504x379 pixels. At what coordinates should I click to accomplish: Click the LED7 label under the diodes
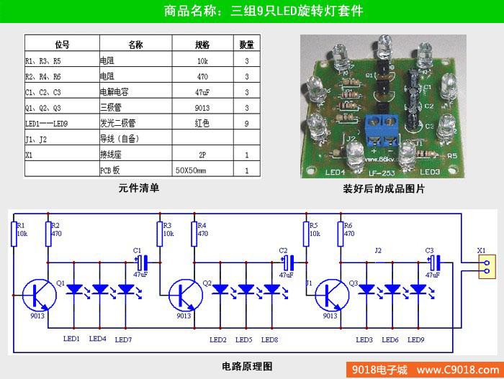pyautogui.click(x=123, y=339)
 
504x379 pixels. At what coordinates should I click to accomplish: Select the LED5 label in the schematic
pyautogui.click(x=244, y=339)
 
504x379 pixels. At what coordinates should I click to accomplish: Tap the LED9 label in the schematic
pyautogui.click(x=416, y=339)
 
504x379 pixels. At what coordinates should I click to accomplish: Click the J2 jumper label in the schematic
pyautogui.click(x=378, y=250)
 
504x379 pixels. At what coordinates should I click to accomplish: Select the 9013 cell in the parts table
pyautogui.click(x=202, y=107)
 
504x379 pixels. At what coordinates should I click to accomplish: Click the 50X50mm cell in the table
pyautogui.click(x=191, y=170)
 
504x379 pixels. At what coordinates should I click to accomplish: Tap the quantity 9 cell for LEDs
pyautogui.click(x=246, y=123)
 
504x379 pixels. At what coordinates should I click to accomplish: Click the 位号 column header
pyautogui.click(x=62, y=44)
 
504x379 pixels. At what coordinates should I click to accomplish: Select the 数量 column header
pyautogui.click(x=246, y=44)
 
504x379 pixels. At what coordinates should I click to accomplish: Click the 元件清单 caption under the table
pyautogui.click(x=139, y=188)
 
